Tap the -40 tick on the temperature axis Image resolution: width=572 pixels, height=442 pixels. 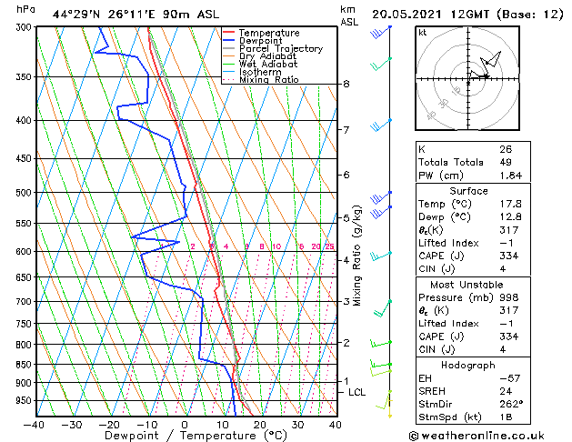click(x=35, y=424)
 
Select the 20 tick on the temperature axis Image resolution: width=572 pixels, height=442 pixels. click(x=259, y=424)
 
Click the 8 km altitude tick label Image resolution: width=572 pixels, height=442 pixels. click(x=346, y=84)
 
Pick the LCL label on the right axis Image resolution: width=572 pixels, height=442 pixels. click(x=357, y=392)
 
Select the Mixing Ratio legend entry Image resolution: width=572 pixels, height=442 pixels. click(x=268, y=80)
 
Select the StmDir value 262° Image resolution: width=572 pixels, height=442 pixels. click(x=511, y=403)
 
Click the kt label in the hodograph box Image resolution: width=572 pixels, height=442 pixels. click(x=422, y=32)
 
